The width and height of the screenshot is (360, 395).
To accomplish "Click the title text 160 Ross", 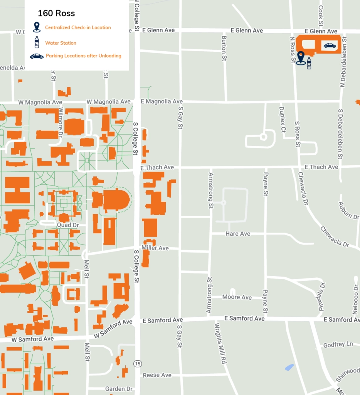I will click(56, 14).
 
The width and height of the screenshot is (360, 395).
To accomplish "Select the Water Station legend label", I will click(61, 43).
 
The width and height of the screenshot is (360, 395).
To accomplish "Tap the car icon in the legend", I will click(37, 56).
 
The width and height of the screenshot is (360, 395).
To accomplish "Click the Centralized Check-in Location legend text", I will click(78, 28).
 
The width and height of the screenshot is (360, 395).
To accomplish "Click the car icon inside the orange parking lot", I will click(330, 46).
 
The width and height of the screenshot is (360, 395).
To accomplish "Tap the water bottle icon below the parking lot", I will click(309, 63).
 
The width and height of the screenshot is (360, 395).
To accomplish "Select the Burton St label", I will click(224, 48).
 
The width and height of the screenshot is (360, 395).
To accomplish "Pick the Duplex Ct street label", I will click(282, 120).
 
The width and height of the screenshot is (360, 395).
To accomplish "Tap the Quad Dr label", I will click(67, 225).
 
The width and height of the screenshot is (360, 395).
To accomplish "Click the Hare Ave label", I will click(237, 234).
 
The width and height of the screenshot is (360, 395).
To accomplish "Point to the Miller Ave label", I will click(155, 248).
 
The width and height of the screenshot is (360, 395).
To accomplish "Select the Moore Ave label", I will click(237, 297).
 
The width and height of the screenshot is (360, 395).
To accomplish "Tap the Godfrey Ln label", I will click(338, 344).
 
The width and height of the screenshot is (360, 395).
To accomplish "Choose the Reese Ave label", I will click(157, 375).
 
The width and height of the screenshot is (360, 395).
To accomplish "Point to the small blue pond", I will click(289, 367).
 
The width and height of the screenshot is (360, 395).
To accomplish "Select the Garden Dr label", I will click(119, 389).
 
